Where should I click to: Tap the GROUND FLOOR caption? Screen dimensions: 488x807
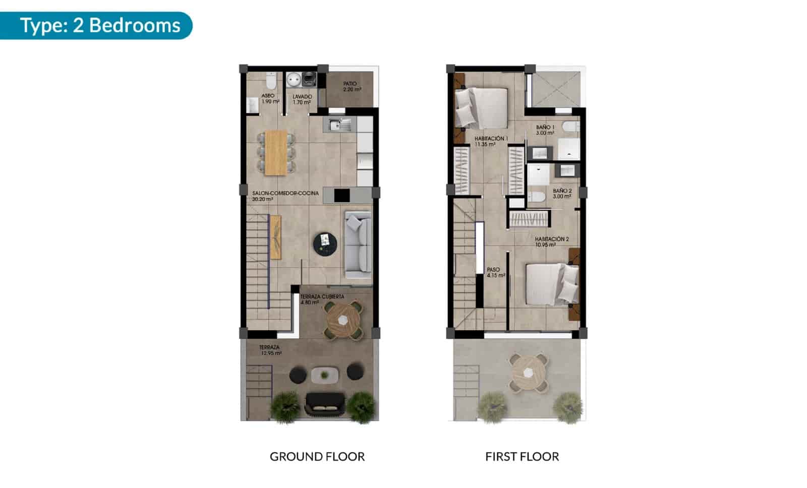pyautogui.click(x=317, y=457)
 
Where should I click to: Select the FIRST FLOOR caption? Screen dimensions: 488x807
pyautogui.click(x=522, y=457)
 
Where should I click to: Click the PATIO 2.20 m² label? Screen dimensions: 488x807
pyautogui.click(x=352, y=87)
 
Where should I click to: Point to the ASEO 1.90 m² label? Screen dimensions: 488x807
pyautogui.click(x=269, y=98)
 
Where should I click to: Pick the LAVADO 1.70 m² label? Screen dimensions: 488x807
pyautogui.click(x=302, y=99)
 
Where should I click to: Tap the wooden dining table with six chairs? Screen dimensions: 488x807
pyautogui.click(x=275, y=153)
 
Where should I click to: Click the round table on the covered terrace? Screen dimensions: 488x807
pyautogui.click(x=343, y=320)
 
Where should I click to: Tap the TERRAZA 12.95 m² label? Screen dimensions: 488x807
pyautogui.click(x=270, y=350)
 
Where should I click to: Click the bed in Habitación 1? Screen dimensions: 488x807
pyautogui.click(x=482, y=107)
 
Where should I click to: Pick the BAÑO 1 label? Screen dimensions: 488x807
pyautogui.click(x=545, y=130)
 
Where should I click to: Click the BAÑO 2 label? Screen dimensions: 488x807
pyautogui.click(x=562, y=194)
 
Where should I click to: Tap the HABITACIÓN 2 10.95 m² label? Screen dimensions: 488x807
pyautogui.click(x=552, y=242)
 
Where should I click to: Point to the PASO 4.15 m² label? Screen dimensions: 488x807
pyautogui.click(x=495, y=273)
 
